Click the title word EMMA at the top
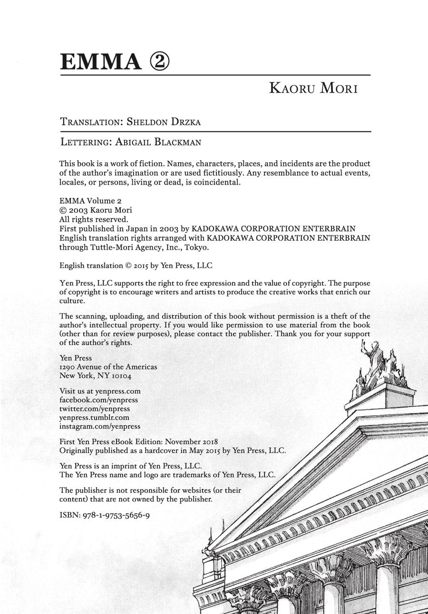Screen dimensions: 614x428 click(100, 62)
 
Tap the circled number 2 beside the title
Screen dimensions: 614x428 click(159, 62)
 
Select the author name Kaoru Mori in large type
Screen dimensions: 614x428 click(313, 88)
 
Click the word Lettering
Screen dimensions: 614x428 click(86, 142)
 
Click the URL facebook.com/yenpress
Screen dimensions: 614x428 click(98, 400)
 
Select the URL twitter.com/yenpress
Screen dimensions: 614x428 click(94, 409)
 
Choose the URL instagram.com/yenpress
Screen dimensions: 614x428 click(99, 427)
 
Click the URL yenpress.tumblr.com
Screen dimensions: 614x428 click(94, 418)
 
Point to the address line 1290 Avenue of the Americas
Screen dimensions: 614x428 click(108, 367)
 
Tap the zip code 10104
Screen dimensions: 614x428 click(121, 376)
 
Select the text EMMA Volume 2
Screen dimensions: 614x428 click(90, 201)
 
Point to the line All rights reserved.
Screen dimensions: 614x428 click(94, 219)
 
